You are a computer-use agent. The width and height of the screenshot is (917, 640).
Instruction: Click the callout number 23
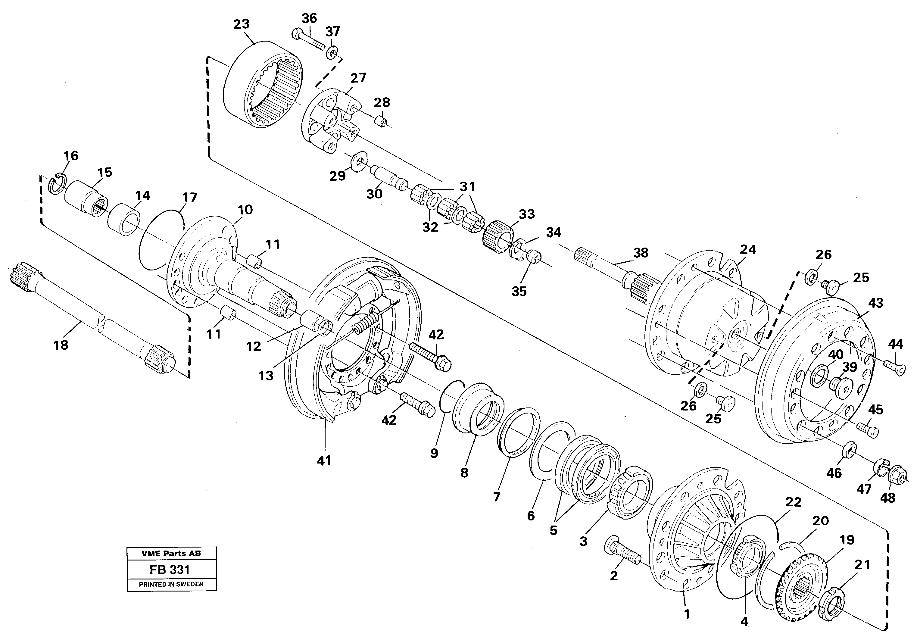click(241, 24)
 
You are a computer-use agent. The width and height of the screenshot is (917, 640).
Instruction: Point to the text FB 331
click(171, 569)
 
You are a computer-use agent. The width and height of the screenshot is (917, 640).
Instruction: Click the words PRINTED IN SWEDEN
click(171, 584)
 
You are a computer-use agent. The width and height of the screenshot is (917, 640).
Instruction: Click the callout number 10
click(245, 210)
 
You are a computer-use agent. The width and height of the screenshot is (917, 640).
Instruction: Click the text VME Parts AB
click(171, 554)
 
